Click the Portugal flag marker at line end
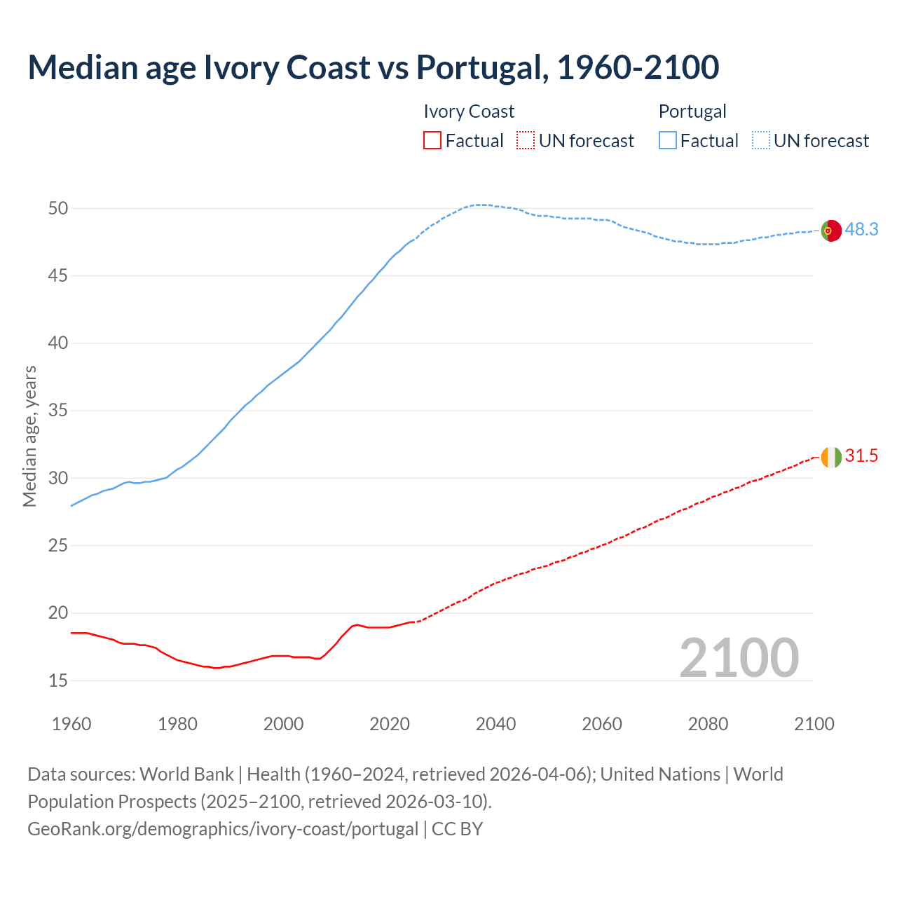click(x=830, y=231)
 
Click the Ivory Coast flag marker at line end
click(x=830, y=457)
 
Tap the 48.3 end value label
click(x=861, y=230)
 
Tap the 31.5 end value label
click(x=861, y=456)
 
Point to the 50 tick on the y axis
click(x=58, y=208)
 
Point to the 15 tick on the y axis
click(x=58, y=680)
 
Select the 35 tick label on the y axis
click(x=58, y=411)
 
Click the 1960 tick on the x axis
click(x=71, y=724)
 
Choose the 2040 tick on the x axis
click(x=495, y=724)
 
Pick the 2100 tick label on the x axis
click(x=814, y=724)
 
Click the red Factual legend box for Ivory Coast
click(x=432, y=141)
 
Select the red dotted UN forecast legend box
click(x=526, y=141)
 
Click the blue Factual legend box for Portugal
click(x=668, y=141)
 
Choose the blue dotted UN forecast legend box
click(x=761, y=141)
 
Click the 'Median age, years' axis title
click(x=29, y=436)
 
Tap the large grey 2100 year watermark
click(x=739, y=658)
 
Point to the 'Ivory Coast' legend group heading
click(x=469, y=111)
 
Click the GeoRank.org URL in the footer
click(x=223, y=829)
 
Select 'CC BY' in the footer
click(x=458, y=829)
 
